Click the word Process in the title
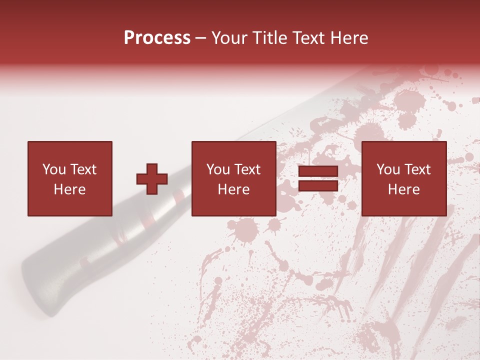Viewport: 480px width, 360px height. [157, 38]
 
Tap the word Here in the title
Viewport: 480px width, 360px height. [348, 38]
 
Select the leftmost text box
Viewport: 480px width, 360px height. [69, 179]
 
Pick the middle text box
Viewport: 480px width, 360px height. [233, 179]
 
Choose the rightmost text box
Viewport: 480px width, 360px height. [403, 179]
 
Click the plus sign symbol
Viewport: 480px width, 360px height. [152, 179]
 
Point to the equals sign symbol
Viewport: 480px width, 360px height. [318, 179]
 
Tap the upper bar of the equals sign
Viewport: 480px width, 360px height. [318, 172]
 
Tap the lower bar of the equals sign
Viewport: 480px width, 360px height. [318, 186]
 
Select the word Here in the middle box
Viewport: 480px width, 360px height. [233, 189]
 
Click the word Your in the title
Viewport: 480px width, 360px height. [229, 38]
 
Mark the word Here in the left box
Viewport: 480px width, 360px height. [69, 189]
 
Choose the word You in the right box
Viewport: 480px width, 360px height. [388, 169]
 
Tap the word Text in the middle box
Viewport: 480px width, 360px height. [248, 169]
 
